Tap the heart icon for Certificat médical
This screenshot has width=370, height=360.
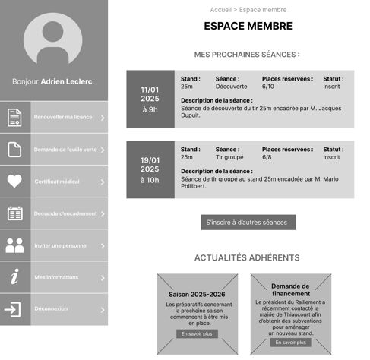click(x=15, y=182)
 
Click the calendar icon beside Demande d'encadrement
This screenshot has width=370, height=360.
click(x=15, y=213)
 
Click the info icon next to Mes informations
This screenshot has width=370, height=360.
click(x=15, y=277)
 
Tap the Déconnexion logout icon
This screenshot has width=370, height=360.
click(x=15, y=309)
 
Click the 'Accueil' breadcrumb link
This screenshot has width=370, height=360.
click(x=220, y=10)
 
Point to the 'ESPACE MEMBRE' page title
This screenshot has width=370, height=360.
click(x=248, y=27)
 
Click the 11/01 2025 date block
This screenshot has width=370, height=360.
click(x=150, y=99)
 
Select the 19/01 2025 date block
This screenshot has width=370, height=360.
click(x=150, y=169)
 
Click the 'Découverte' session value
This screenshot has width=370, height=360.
click(x=231, y=87)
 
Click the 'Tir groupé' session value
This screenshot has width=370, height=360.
click(x=229, y=157)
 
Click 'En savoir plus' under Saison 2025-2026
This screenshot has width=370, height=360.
click(x=197, y=333)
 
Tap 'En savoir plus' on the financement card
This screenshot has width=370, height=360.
click(x=291, y=343)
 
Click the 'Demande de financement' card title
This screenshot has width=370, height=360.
click(x=291, y=289)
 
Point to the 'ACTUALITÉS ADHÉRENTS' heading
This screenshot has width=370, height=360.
click(x=247, y=258)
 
